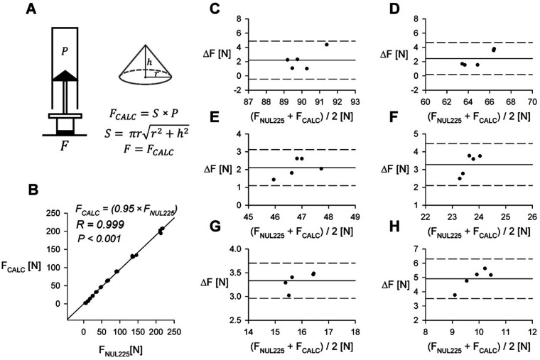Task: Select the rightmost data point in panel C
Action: click(327, 44)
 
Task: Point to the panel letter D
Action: click(412, 11)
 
